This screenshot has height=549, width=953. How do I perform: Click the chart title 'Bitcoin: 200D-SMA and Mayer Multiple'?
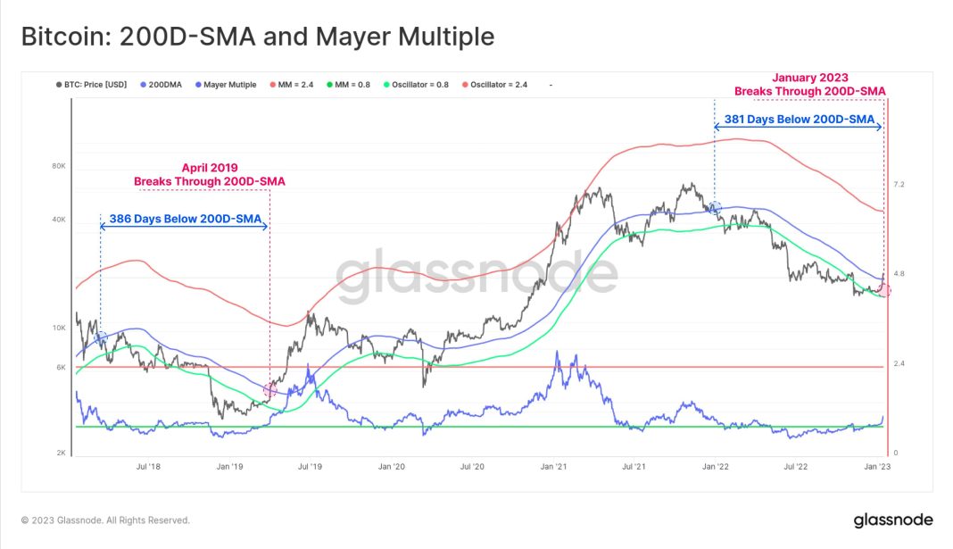click(257, 37)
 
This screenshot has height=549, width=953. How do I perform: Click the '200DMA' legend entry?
click(164, 85)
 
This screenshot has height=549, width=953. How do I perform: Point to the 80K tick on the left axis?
click(60, 166)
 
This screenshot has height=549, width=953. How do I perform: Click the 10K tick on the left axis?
click(60, 329)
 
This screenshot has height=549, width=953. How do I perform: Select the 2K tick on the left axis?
click(62, 453)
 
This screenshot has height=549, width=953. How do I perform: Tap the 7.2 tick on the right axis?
click(899, 185)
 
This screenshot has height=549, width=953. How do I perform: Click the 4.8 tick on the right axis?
click(899, 274)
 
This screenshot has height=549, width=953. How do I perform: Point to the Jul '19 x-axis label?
click(310, 466)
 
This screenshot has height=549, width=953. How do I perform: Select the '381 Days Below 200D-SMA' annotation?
click(798, 119)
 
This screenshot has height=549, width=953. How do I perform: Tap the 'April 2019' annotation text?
click(209, 167)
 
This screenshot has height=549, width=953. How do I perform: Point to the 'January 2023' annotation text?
click(810, 78)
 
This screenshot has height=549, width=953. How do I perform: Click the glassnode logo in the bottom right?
click(892, 520)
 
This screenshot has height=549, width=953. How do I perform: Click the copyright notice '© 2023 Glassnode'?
click(105, 520)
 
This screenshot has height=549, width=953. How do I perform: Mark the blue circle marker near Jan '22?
click(715, 207)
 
